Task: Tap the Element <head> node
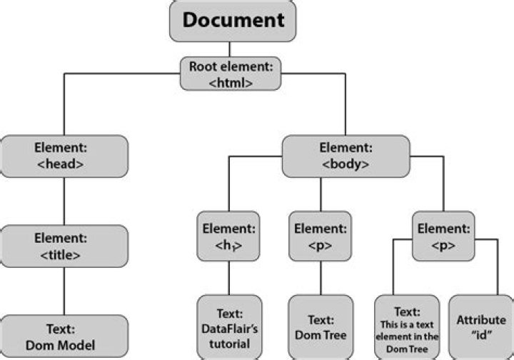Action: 64,156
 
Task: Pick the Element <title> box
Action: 64,246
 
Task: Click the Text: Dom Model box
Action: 64,337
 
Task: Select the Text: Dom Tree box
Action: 321,327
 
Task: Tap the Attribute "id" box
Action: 480,327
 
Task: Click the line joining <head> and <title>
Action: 64,201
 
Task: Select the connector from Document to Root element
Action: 229,49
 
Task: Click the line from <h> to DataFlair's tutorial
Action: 228,279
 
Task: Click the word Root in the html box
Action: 202,67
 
